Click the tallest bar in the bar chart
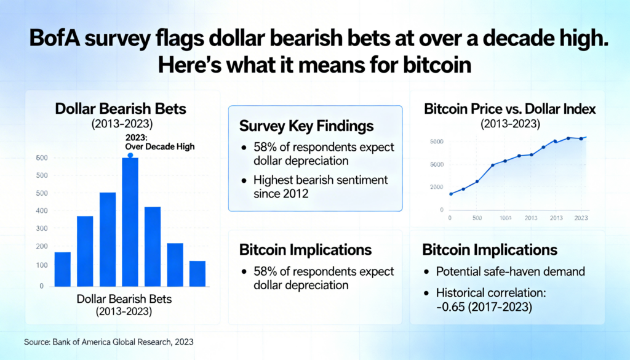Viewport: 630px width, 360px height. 130,222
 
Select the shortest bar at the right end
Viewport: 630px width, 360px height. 197,273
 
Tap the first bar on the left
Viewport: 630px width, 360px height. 63,269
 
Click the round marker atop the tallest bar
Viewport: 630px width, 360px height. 130,156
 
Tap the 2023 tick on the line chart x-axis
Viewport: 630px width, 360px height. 580,218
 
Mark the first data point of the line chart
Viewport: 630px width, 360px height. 451,194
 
